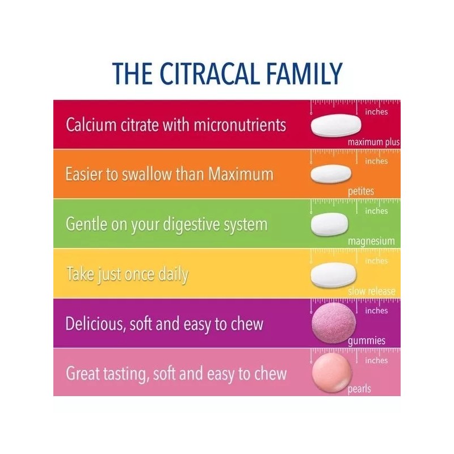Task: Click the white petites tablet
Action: [x=331, y=173]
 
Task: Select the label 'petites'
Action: [x=361, y=191]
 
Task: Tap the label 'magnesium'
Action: [x=371, y=241]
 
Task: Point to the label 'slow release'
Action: [x=372, y=291]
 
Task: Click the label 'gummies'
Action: [x=367, y=340]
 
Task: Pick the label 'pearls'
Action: [x=359, y=389]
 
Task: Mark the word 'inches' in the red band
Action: [x=376, y=112]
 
